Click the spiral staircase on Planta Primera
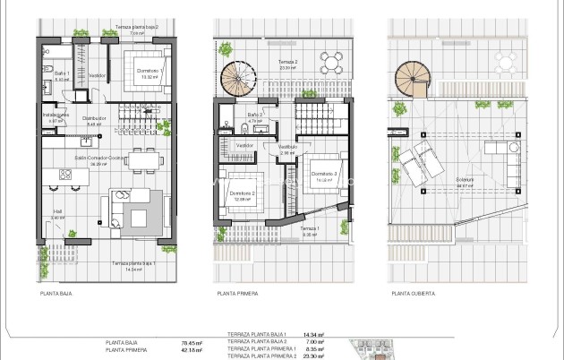click(240, 80)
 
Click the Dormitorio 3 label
click(323, 174)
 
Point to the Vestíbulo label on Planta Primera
click(287, 147)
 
